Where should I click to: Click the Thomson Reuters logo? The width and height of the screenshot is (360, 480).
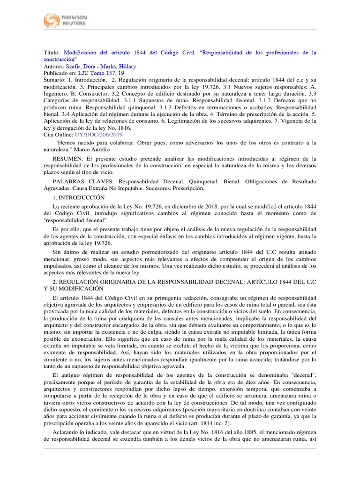(x=65, y=20)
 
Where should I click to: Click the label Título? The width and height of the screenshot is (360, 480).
(x=52, y=53)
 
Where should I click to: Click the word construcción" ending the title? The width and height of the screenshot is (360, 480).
(x=60, y=60)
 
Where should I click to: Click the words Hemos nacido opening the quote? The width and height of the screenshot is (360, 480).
(x=74, y=142)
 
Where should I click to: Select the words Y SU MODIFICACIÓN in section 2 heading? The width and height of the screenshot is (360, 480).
(x=73, y=288)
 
